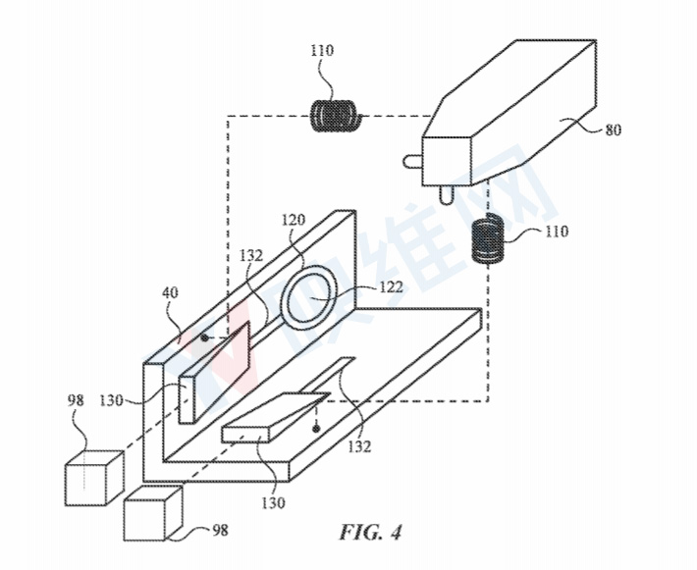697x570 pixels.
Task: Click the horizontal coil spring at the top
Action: (x=334, y=117)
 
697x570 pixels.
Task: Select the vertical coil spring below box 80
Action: (x=487, y=239)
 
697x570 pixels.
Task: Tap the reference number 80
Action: (x=613, y=130)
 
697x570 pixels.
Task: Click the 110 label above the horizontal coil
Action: (x=321, y=50)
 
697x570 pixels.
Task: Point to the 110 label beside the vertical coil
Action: (x=556, y=232)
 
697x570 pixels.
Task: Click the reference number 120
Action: (x=294, y=220)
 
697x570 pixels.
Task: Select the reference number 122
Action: (x=391, y=287)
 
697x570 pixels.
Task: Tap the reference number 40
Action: (x=170, y=292)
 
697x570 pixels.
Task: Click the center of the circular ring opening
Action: (x=312, y=297)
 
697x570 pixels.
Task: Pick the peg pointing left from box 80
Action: (x=412, y=162)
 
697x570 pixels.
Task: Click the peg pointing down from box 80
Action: (x=446, y=194)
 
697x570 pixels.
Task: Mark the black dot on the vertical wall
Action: (x=204, y=337)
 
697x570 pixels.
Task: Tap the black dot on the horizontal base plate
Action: (x=315, y=429)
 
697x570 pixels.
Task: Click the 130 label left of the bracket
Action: (x=111, y=400)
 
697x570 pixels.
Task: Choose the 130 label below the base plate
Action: (x=273, y=503)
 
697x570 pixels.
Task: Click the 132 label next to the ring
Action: (x=251, y=255)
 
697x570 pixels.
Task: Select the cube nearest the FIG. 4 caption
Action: (x=153, y=513)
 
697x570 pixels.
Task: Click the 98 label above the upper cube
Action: (x=76, y=400)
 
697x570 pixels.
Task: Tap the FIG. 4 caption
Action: (x=371, y=532)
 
